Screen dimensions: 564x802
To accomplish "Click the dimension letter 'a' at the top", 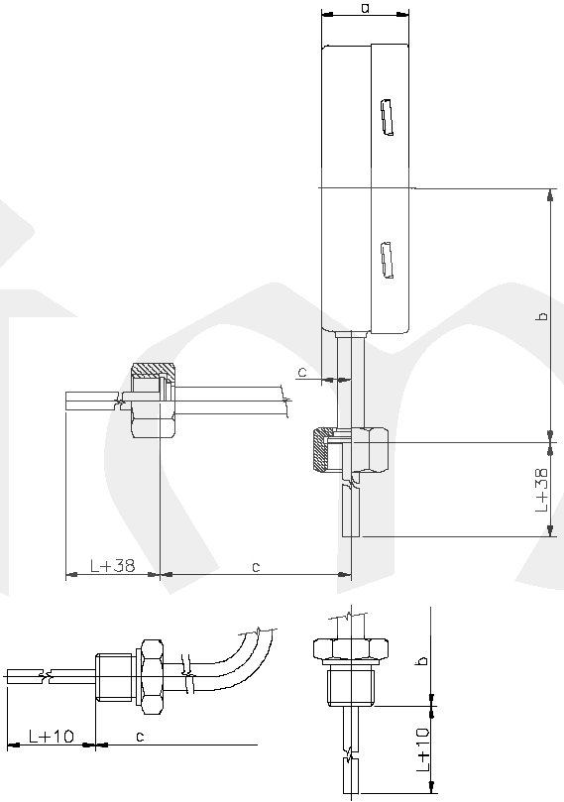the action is [365, 8].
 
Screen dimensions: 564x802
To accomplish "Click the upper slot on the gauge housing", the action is [388, 118].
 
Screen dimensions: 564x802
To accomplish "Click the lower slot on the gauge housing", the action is [388, 260].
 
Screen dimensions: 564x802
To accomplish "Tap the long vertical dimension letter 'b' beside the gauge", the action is [543, 315].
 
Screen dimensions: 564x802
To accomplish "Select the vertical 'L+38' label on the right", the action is [541, 490].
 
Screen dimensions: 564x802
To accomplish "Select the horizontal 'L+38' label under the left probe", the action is [112, 565].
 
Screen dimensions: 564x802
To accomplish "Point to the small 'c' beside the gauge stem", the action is [302, 372].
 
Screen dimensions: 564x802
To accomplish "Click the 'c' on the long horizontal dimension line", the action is [256, 567].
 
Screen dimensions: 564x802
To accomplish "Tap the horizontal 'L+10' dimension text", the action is [52, 736].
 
